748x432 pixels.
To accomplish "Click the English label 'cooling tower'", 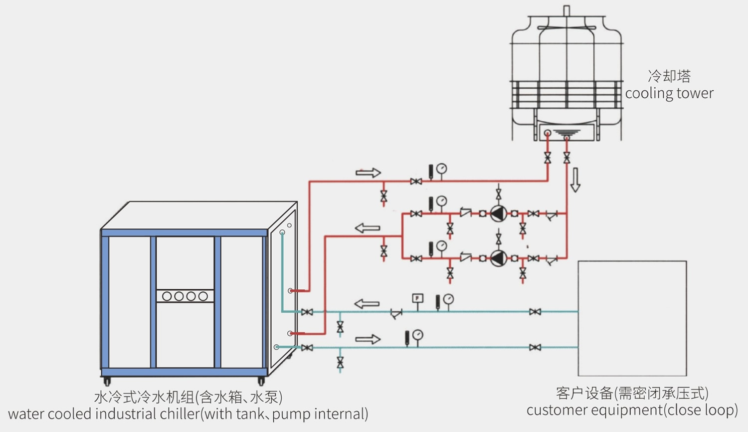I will tap(669, 93).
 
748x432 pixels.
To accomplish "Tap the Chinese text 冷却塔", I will tap(669, 76).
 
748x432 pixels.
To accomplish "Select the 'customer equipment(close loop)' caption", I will tap(632, 410).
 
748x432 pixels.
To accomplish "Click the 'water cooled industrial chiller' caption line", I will tap(188, 414).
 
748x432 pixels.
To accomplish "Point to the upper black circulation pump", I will tap(498, 214).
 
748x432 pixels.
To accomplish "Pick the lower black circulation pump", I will tap(498, 258).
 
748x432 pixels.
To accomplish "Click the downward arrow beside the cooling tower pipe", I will tap(575, 180).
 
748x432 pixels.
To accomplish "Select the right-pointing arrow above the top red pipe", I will tap(368, 173).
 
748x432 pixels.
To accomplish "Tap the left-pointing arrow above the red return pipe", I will tap(368, 228).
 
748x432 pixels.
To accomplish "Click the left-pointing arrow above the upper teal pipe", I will tap(367, 303).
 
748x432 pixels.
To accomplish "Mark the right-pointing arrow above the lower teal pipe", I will tap(368, 339).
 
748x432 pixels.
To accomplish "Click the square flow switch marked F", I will tap(417, 298).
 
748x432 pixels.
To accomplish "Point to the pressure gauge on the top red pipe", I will tap(442, 169).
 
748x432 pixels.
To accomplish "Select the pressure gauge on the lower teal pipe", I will tap(418, 335).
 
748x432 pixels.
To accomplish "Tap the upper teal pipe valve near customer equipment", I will tap(535, 312).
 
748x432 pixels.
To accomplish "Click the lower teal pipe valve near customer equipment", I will tap(535, 347).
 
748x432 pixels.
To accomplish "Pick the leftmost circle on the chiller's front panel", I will tap(167, 296).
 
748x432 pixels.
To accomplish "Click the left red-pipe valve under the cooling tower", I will tap(548, 158).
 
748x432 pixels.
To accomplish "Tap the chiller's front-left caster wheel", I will tap(107, 382).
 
